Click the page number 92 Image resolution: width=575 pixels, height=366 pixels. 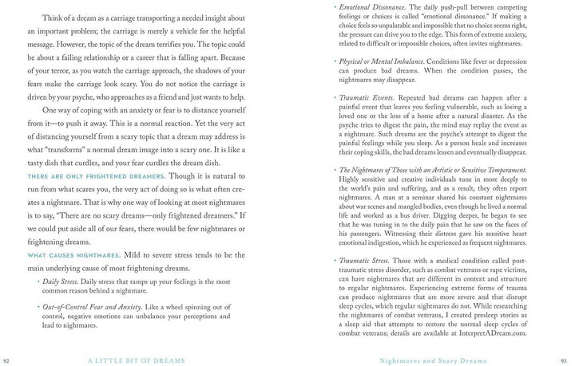click(6, 359)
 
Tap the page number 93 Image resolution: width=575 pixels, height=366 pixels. click(569, 359)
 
